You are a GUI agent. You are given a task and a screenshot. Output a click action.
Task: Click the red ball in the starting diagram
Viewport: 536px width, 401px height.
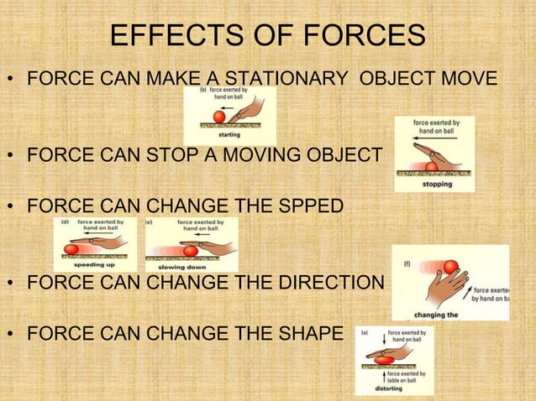click(x=221, y=116)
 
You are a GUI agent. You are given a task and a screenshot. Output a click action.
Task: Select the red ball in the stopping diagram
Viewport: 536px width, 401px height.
click(x=431, y=166)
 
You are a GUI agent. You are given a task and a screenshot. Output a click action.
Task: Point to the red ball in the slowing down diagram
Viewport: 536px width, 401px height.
click(x=191, y=250)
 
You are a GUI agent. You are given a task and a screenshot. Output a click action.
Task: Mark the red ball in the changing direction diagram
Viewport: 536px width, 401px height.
click(x=451, y=267)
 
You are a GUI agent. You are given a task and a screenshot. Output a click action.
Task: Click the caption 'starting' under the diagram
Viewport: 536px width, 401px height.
click(x=229, y=134)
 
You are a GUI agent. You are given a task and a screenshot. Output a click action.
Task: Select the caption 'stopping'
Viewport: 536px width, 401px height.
click(x=437, y=183)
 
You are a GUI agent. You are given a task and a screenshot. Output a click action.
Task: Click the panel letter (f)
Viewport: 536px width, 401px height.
click(x=407, y=263)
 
